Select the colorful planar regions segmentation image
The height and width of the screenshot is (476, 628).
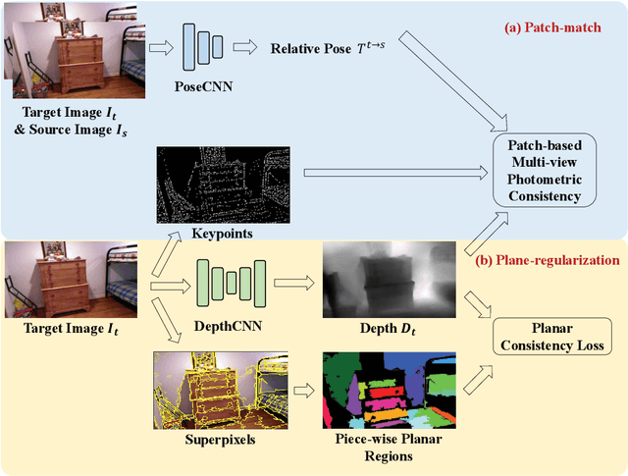point(376,389)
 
